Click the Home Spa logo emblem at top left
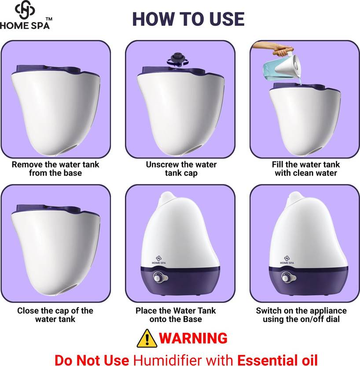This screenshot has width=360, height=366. click(x=25, y=10)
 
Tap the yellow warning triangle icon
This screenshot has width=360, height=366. click(x=147, y=338)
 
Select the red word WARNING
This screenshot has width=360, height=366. click(x=193, y=338)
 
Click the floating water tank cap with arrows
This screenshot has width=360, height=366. click(x=177, y=60)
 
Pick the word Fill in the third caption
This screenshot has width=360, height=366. click(x=278, y=165)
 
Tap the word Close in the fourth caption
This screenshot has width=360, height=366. click(x=28, y=311)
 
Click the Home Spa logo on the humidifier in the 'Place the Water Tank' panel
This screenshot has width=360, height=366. click(x=159, y=260)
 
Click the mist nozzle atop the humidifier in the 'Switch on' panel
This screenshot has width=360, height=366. click(x=296, y=197)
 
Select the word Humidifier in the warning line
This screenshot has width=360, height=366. click(x=183, y=359)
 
